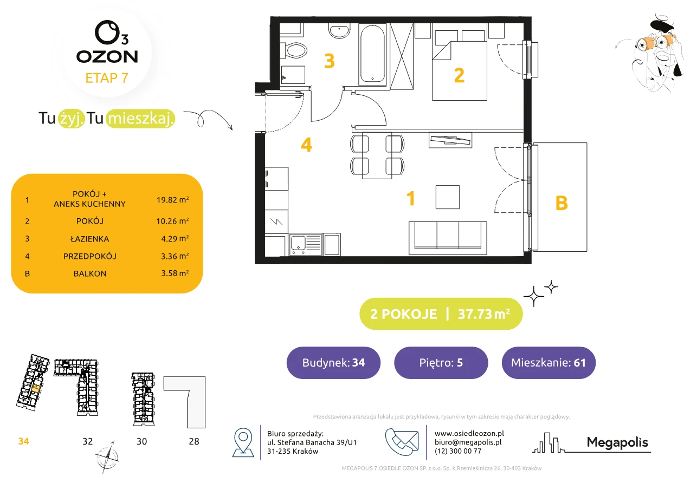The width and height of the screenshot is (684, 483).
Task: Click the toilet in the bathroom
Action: pyautogui.click(x=293, y=50)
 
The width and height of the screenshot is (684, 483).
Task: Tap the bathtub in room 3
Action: pyautogui.click(x=372, y=54)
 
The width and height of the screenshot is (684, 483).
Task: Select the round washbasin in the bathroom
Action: pyautogui.click(x=339, y=31)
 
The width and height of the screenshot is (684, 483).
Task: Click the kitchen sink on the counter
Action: pyautogui.click(x=305, y=244)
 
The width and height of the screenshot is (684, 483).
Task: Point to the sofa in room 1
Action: pyautogui.click(x=448, y=238)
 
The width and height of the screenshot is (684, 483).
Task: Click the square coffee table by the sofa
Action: pyautogui.click(x=447, y=197)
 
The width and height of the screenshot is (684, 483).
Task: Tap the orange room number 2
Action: pyautogui.click(x=459, y=75)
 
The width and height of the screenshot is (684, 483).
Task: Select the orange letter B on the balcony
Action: pyautogui.click(x=562, y=203)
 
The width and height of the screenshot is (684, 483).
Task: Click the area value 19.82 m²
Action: pyautogui.click(x=172, y=200)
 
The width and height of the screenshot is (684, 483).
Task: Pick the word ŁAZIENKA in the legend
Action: pyautogui.click(x=90, y=239)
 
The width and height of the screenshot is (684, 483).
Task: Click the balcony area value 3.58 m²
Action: pyautogui.click(x=175, y=273)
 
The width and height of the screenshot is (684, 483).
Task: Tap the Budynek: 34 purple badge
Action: pyautogui.click(x=333, y=362)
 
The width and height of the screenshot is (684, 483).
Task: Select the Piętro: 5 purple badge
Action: pyautogui.click(x=441, y=362)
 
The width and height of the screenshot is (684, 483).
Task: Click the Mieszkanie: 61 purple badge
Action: pyautogui.click(x=549, y=362)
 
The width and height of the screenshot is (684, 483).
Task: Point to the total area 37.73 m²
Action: pyautogui.click(x=483, y=314)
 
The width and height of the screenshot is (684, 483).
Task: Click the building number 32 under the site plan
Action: pyautogui.click(x=87, y=441)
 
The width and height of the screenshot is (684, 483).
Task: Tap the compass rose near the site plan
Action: pyautogui.click(x=107, y=457)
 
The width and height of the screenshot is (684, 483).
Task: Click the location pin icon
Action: pyautogui.click(x=243, y=442)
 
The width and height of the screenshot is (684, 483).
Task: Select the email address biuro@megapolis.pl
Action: pyautogui.click(x=468, y=442)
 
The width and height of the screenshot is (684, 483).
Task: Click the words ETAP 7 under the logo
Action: pyautogui.click(x=107, y=78)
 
